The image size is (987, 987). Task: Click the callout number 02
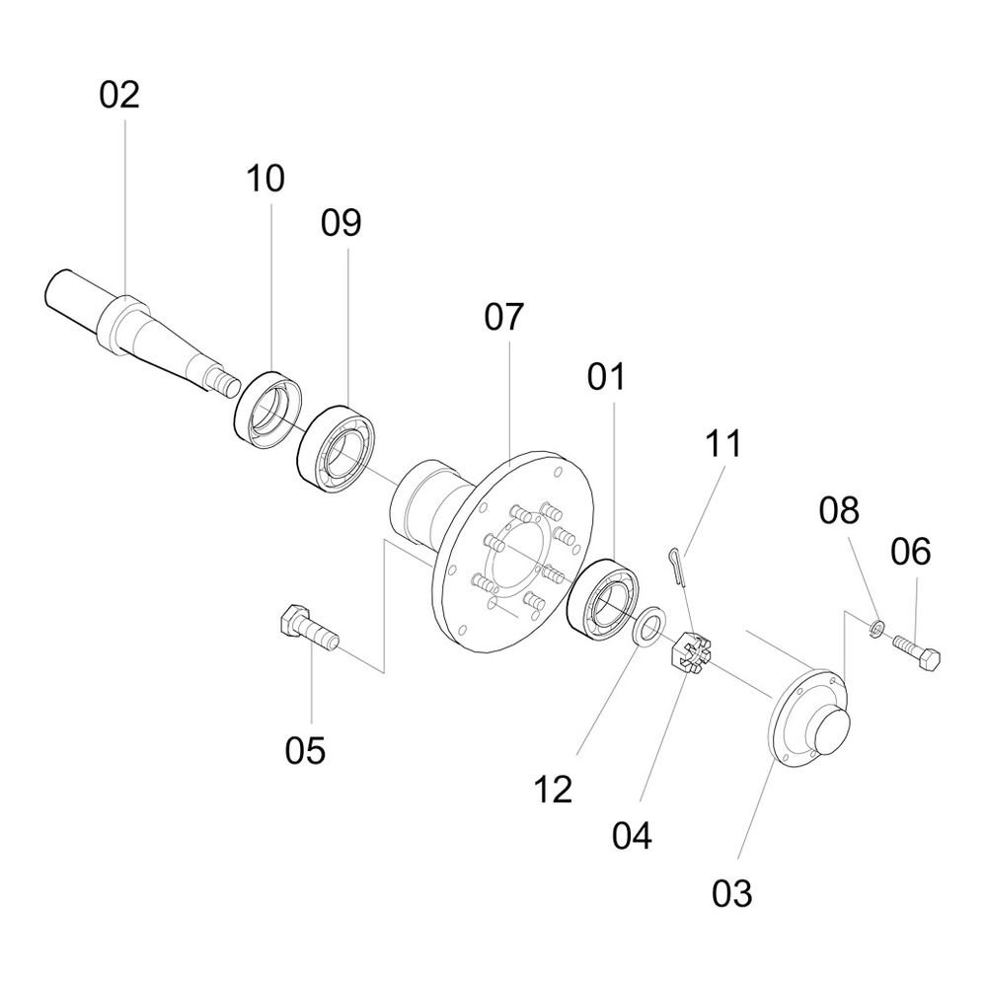coord(119,95)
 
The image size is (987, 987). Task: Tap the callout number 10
coord(265,178)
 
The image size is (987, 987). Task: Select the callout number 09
coord(342,223)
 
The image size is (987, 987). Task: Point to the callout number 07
coord(504,317)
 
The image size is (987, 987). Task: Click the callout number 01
coord(607,377)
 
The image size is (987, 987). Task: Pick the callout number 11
coord(723,443)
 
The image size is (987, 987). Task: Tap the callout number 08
coord(839,510)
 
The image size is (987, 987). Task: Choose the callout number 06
coord(910,552)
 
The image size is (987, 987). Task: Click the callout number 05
coord(305,750)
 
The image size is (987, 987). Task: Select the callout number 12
coord(553,790)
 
